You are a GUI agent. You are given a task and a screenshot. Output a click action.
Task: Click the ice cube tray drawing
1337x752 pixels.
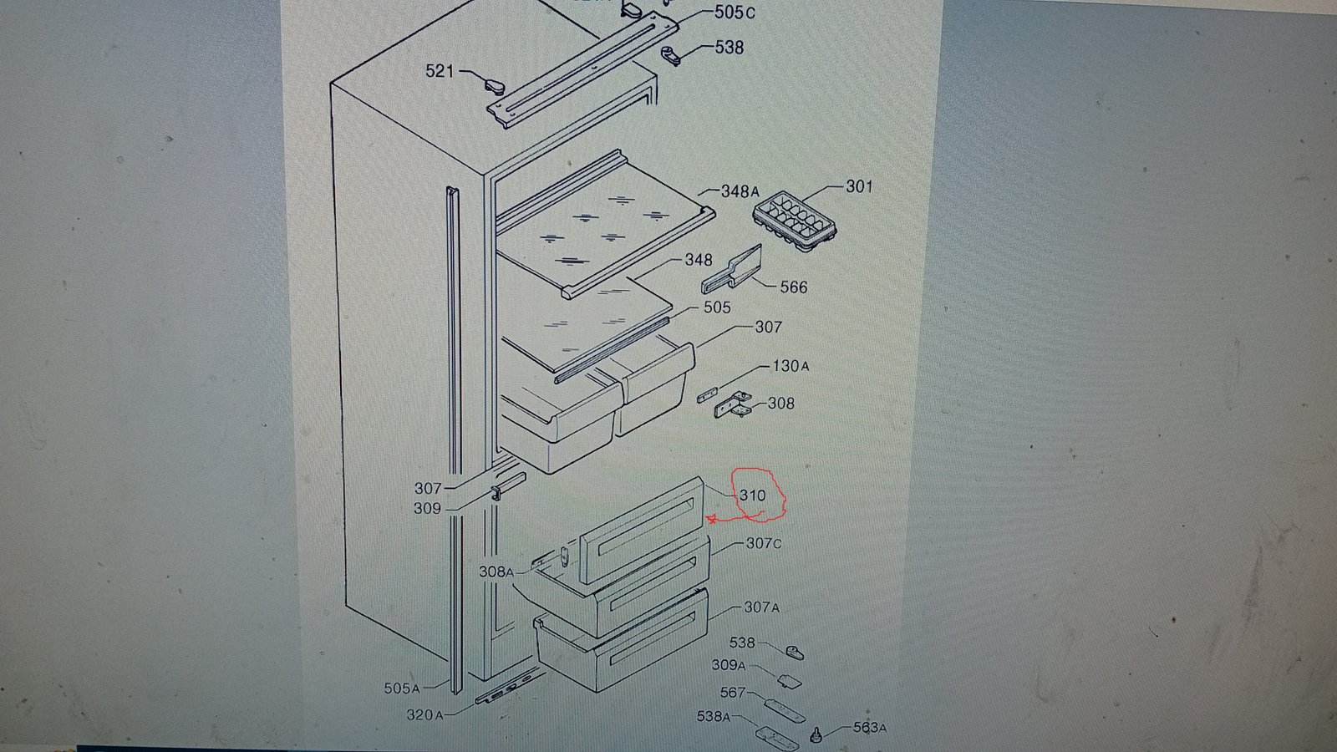click(x=795, y=221)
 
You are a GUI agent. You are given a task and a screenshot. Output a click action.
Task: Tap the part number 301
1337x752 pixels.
click(x=859, y=187)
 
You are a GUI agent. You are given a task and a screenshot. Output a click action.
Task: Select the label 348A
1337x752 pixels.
click(x=740, y=191)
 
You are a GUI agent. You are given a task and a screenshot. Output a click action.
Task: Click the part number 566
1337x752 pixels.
click(x=794, y=287)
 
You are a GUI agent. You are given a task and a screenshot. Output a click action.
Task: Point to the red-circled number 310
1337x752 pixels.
click(x=753, y=495)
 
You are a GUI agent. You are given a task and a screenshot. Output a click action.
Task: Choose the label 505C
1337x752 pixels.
click(x=735, y=13)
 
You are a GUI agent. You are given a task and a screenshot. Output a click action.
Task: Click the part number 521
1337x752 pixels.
click(x=440, y=71)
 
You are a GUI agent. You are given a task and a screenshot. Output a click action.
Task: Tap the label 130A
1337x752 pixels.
click(x=791, y=366)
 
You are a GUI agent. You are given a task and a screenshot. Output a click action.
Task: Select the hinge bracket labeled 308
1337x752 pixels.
click(x=734, y=404)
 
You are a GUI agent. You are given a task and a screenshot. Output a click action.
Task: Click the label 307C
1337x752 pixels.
click(x=764, y=544)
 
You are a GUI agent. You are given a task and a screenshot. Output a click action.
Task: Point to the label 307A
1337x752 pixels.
click(x=761, y=607)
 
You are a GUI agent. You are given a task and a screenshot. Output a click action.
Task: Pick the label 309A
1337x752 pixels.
click(x=728, y=665)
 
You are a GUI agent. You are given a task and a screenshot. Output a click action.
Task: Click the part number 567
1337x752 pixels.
click(x=733, y=693)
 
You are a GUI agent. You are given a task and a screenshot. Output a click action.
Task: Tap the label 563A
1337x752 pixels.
click(x=870, y=728)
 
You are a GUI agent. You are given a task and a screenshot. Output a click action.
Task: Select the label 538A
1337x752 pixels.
click(x=714, y=716)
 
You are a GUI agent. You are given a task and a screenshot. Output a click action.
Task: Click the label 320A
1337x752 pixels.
click(x=425, y=714)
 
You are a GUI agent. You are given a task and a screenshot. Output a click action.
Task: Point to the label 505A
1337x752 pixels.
click(x=402, y=688)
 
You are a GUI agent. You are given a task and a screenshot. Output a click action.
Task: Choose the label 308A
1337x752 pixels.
click(x=496, y=572)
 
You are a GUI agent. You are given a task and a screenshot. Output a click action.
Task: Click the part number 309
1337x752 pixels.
click(x=427, y=509)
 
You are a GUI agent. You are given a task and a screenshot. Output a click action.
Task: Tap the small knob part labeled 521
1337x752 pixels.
click(x=494, y=86)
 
